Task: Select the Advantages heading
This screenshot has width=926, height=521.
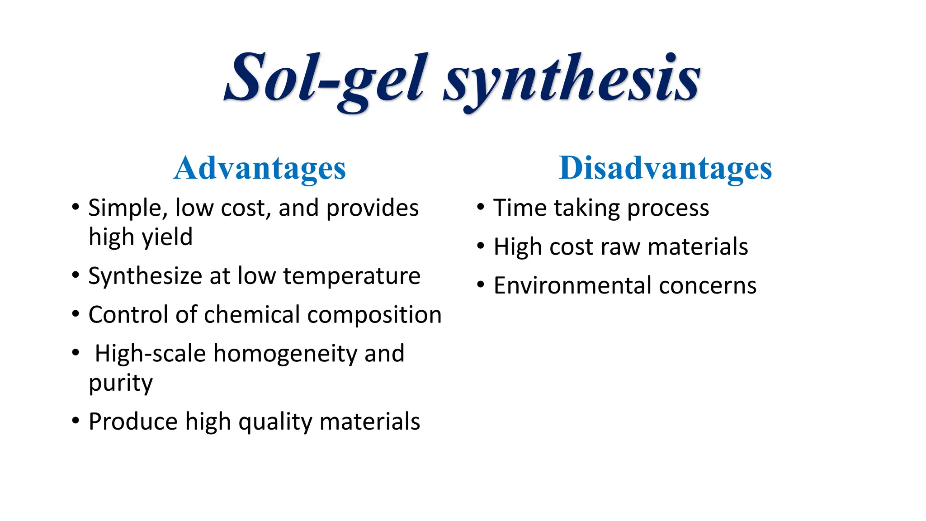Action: point(260,169)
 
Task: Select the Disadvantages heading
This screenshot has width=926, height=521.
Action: point(665,169)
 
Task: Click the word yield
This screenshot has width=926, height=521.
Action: point(167,237)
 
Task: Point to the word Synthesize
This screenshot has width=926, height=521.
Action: point(145,276)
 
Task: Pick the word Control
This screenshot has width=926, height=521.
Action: point(128,315)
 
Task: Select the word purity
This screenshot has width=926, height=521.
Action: point(121,384)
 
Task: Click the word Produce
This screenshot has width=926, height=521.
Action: point(133,422)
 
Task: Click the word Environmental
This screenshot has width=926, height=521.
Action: point(572,286)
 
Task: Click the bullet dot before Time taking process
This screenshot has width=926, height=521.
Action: point(481,208)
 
